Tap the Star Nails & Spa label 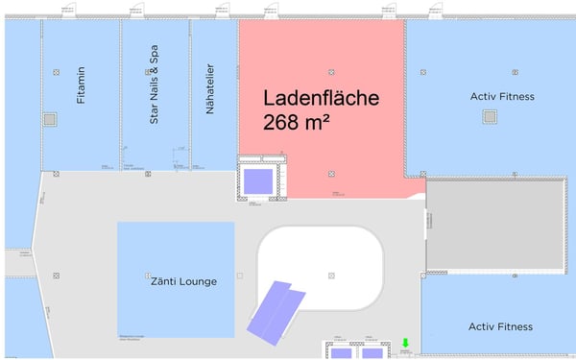coord(154,88)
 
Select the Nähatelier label coord(210,90)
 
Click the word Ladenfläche coord(322,98)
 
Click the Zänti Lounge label coord(183,281)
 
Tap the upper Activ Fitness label coord(501,97)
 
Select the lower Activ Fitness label coord(500,327)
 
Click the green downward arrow coord(405,344)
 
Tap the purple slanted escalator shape coord(276,308)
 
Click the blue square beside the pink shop coord(257,180)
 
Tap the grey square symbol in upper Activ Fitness coord(491,116)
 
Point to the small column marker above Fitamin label coord(57,72)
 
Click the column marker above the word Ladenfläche coord(330,72)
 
